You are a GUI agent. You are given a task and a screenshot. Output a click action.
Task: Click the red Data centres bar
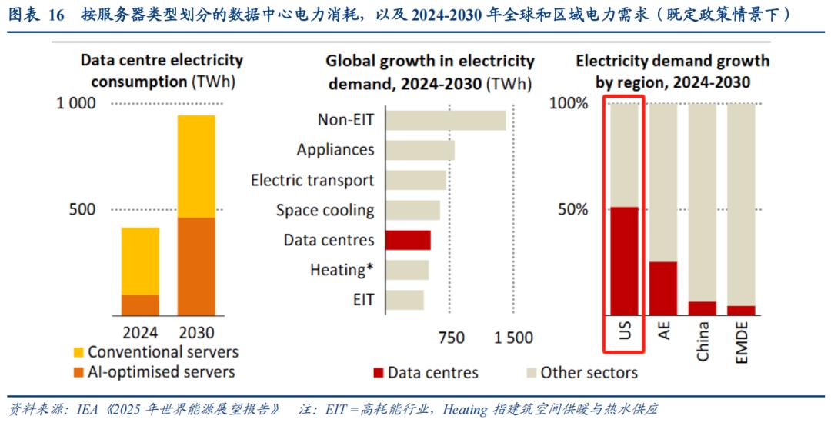coord(408,240)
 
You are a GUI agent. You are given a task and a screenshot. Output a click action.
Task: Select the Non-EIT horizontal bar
coord(446,120)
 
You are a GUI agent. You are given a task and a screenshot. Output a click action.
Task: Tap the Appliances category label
coord(335,150)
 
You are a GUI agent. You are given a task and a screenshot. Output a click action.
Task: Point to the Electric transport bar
coord(415,180)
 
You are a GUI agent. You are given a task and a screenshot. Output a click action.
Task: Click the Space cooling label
coord(325,210)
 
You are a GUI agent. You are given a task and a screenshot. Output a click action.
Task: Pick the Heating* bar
coord(407,270)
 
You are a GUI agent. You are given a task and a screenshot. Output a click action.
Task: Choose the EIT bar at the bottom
coord(405,299)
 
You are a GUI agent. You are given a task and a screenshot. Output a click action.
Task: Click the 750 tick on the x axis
coord(451,337)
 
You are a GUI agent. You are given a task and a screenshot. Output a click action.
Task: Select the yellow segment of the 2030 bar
coord(196,166)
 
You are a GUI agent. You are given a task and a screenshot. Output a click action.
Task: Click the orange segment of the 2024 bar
coord(140,305)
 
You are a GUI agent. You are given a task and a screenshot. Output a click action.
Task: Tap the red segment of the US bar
coord(625,261)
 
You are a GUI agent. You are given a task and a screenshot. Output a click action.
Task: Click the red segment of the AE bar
coord(663,288)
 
